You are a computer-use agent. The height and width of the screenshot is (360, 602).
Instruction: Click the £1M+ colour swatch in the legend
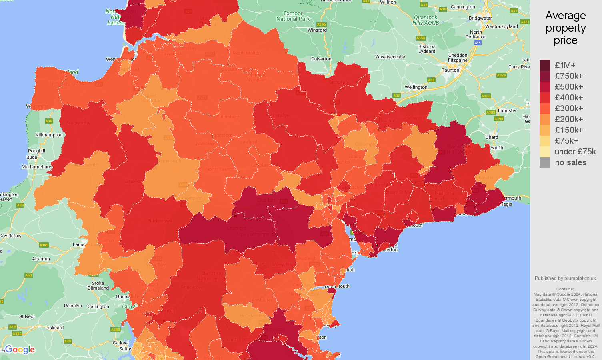[545, 65]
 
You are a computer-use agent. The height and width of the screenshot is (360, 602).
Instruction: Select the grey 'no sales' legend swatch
[545, 162]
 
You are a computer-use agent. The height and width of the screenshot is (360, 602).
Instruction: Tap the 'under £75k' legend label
[575, 152]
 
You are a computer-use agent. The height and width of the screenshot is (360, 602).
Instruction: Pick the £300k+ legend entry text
[568, 108]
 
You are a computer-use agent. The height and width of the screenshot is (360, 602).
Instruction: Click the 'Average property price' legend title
[565, 28]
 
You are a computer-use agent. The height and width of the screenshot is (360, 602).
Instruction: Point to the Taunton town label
[450, 70]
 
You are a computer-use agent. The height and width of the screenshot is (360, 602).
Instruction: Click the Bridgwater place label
[480, 18]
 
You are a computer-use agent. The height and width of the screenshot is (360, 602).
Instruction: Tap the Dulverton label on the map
[321, 59]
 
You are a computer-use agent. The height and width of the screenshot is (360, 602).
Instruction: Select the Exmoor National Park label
[293, 16]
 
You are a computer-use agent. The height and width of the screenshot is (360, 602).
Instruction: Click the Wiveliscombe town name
[390, 57]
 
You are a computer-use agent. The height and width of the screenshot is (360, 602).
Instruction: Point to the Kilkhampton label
[49, 135]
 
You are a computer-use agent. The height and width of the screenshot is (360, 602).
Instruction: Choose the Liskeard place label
[54, 328]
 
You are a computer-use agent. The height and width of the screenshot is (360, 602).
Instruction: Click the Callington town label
[98, 306]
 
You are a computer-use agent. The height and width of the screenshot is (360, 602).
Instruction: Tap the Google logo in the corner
[20, 350]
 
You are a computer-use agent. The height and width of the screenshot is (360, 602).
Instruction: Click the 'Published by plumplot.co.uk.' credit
[565, 278]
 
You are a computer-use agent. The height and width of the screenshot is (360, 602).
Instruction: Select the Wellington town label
[416, 87]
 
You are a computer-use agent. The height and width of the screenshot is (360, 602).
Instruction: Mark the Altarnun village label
[41, 259]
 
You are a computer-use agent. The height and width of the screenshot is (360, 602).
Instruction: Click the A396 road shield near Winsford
[321, 24]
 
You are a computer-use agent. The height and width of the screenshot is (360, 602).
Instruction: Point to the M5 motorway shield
[478, 42]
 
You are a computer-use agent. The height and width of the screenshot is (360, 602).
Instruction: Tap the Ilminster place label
[507, 110]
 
